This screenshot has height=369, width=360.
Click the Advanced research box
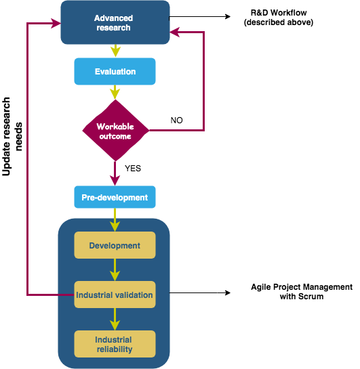[115, 22]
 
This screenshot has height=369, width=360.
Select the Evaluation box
[115, 71]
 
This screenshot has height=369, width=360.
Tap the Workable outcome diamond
[115, 131]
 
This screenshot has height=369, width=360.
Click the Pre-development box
[115, 197]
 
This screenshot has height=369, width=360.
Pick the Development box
[115, 245]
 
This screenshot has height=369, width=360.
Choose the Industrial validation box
[115, 295]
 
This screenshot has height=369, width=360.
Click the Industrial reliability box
[115, 344]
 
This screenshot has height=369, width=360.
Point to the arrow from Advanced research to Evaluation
[115, 51]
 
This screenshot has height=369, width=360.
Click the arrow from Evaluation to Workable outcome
[115, 92]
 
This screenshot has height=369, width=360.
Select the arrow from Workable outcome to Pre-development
[115, 173]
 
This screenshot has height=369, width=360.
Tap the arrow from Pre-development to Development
[115, 219]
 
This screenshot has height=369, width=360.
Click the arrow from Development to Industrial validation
[115, 269]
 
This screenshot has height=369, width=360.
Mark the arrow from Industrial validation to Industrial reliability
[115, 319]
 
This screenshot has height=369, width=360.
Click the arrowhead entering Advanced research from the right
[176, 31]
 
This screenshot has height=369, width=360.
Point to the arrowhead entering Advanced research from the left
[55, 23]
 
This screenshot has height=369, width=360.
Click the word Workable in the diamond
[115, 127]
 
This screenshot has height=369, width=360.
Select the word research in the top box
[113, 28]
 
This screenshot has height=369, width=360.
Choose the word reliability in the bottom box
[114, 349]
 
